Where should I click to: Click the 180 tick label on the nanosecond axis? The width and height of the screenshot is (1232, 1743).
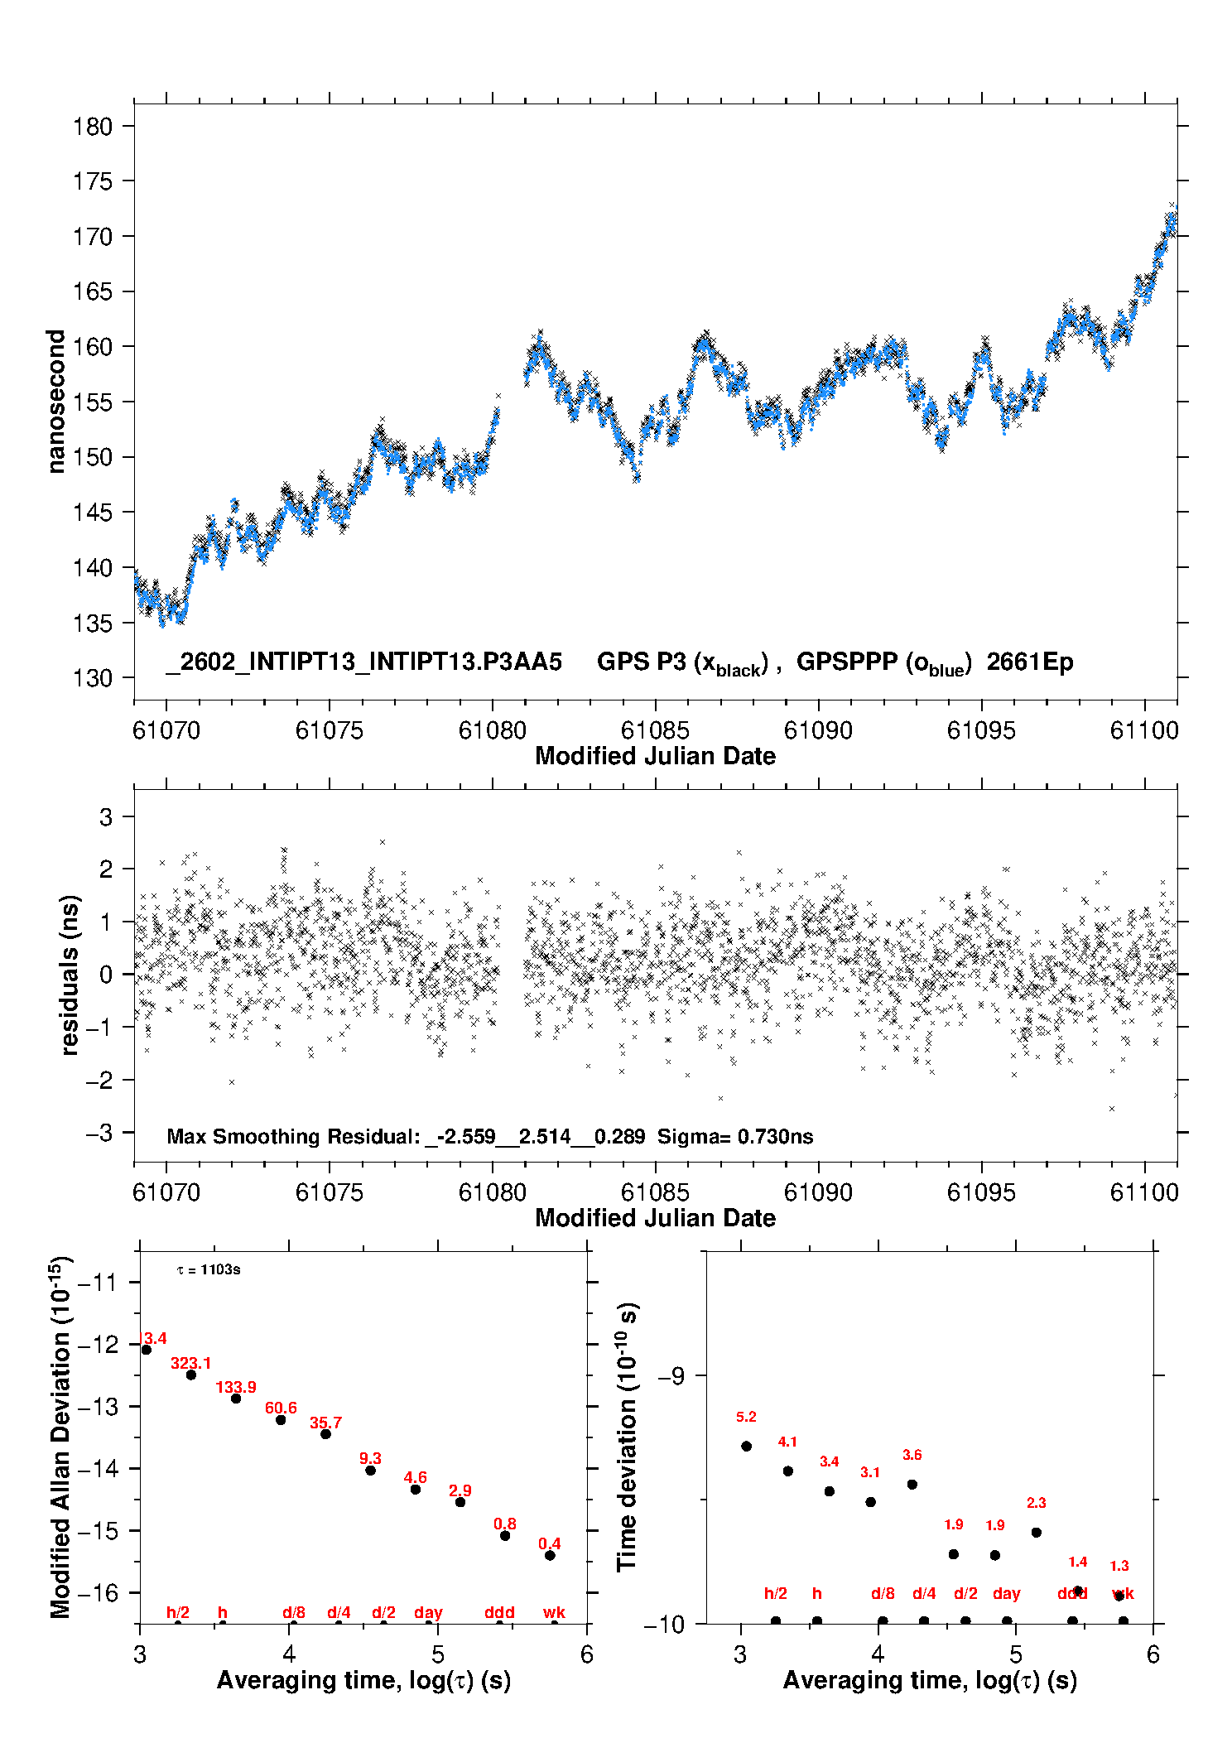point(92,127)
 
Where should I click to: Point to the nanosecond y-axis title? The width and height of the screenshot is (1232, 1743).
point(55,401)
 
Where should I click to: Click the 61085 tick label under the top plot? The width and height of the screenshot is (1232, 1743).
point(655,730)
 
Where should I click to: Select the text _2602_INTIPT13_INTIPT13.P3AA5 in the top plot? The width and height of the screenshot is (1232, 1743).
point(363,662)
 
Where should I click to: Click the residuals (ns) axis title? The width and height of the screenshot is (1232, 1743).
point(70,975)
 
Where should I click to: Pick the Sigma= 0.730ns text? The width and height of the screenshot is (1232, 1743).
point(735,1136)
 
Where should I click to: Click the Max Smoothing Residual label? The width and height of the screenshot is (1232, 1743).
point(293,1136)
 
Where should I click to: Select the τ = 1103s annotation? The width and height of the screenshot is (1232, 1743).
point(209,1269)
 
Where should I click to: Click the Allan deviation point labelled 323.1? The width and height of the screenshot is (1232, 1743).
point(191,1375)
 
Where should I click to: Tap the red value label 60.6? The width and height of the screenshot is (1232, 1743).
point(281,1408)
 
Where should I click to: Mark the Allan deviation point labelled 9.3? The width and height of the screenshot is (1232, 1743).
point(370,1471)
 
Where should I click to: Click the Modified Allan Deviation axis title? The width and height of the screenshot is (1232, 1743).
point(60,1437)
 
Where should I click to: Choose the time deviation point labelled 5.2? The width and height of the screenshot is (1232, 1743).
point(746,1446)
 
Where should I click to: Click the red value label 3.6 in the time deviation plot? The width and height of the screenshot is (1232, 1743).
point(912,1454)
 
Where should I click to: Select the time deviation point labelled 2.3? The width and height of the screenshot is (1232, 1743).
point(1036,1532)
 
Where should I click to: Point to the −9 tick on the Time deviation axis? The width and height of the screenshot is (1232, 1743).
point(671,1375)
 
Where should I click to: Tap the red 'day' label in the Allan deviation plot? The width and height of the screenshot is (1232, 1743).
point(428,1612)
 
